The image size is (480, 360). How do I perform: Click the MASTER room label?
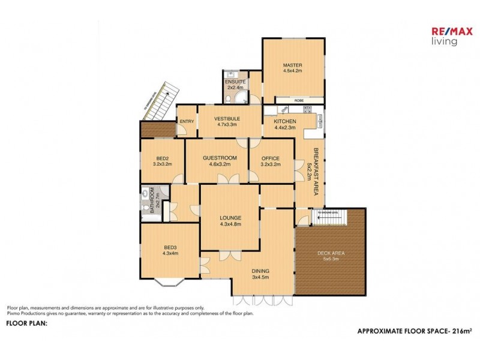(292, 65)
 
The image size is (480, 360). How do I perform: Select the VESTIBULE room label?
(227, 119)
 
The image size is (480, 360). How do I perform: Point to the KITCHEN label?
(285, 121)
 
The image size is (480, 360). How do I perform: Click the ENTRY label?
(187, 122)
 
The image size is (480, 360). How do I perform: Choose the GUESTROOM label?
(217, 158)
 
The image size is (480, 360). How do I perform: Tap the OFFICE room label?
(271, 158)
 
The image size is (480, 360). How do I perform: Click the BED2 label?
(161, 158)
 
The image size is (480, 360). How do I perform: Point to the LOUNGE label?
(230, 218)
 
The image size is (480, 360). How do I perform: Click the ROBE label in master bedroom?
(298, 101)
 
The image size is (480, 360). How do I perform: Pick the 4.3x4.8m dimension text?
(230, 224)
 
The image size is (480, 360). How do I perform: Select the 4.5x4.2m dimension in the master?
(292, 71)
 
